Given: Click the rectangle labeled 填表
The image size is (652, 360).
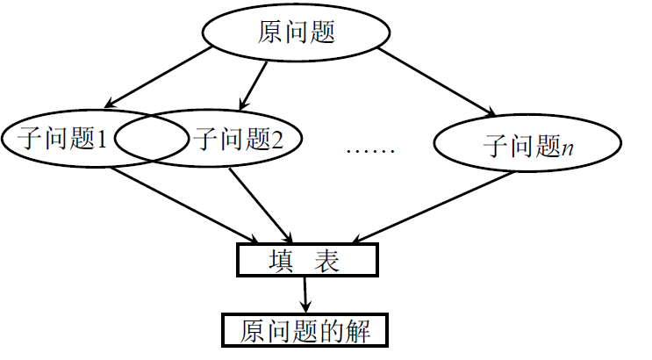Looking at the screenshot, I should click(306, 260).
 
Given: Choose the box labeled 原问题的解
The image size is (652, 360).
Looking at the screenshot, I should click(304, 331).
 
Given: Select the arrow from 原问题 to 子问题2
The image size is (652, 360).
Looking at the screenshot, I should click(253, 84).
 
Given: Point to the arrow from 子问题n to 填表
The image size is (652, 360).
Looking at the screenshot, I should click(430, 207).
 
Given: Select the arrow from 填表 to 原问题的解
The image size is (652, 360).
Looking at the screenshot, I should click(305, 294).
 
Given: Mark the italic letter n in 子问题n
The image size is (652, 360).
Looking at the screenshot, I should click(568, 146).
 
